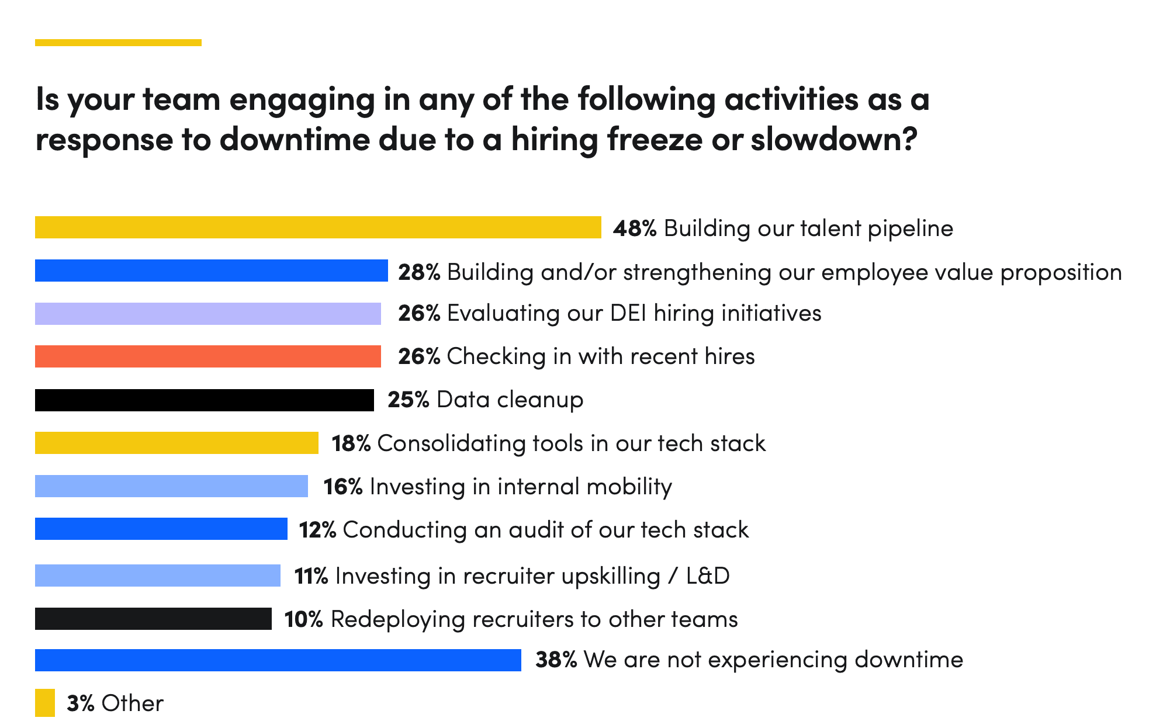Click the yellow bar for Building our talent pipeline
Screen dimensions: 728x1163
[x=318, y=227]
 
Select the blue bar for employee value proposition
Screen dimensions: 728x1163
[x=211, y=271]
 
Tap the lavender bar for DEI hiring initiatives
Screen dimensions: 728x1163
[x=207, y=314]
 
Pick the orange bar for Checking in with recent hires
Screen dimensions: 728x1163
[x=207, y=356]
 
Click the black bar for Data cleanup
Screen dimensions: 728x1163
[x=204, y=400]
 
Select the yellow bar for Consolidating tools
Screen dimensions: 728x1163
[x=176, y=443]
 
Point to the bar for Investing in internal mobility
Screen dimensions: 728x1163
[x=171, y=486]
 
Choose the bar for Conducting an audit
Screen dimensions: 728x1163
[x=161, y=529]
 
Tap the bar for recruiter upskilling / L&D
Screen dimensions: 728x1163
[x=157, y=576]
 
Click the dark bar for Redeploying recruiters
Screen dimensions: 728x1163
[x=153, y=619]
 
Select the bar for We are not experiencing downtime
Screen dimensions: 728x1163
[x=278, y=660]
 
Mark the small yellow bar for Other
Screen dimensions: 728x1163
[x=45, y=703]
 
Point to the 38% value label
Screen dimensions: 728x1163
[x=556, y=660]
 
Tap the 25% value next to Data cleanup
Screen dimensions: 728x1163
[x=409, y=400]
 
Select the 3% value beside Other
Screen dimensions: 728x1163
[x=81, y=703]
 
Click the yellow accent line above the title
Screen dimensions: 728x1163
[x=118, y=43]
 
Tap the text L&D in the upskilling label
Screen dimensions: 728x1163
[x=708, y=576]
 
